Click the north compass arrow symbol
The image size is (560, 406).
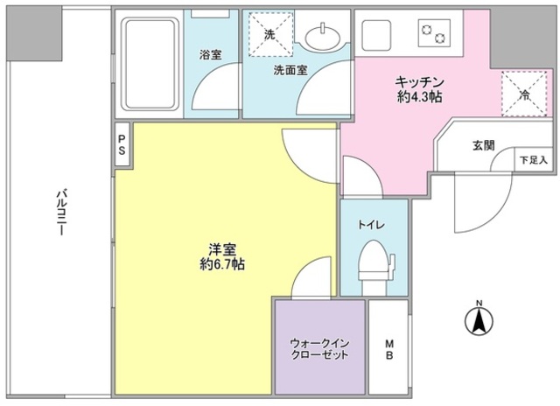tap(479, 321)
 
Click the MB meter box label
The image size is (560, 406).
tap(388, 349)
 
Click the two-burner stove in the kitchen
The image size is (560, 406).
tap(433, 33)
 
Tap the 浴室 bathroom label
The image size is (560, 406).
tap(209, 53)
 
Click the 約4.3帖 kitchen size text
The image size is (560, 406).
tap(420, 95)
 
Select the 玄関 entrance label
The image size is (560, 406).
tap(485, 145)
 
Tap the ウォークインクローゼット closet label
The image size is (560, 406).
tap(319, 349)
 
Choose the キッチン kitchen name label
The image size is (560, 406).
tap(420, 80)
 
